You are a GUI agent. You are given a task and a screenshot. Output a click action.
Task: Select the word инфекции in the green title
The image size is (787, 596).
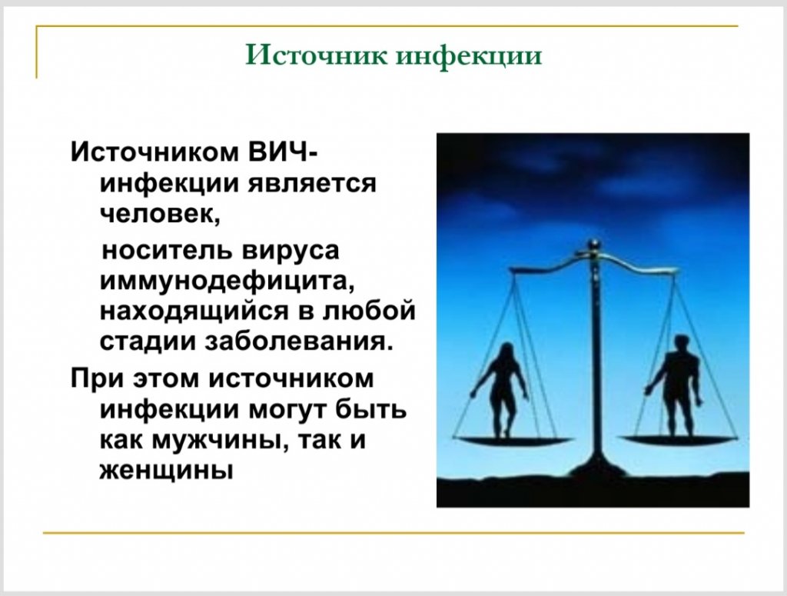[x=470, y=55]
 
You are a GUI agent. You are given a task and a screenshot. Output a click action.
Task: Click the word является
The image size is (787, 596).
[x=312, y=185]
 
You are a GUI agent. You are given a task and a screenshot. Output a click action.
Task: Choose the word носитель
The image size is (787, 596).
[x=166, y=250]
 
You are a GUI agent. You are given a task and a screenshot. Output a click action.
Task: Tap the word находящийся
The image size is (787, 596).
[x=194, y=311]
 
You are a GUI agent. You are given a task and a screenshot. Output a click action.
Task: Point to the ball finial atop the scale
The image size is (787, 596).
[x=594, y=245]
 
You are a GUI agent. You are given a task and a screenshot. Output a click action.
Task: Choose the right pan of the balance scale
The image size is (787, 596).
[x=678, y=441]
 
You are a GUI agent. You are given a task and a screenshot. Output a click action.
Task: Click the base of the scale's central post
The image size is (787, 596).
[x=596, y=468]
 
